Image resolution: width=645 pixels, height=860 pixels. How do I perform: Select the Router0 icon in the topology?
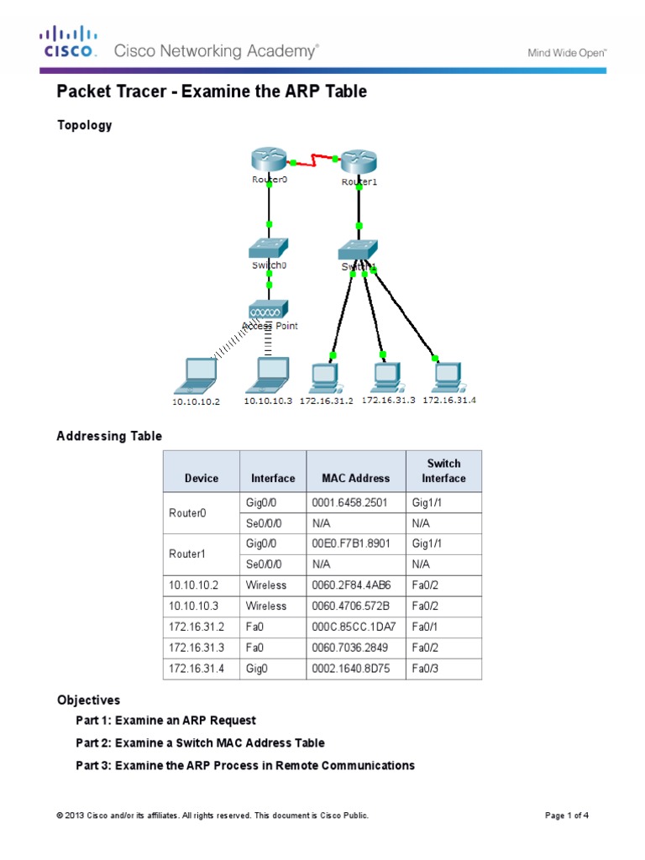coord(268,160)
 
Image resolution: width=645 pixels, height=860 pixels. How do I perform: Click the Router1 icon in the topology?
coord(359,163)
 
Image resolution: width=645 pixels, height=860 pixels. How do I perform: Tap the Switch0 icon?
coord(269,249)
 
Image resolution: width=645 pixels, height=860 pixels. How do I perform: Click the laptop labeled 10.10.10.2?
coord(195,375)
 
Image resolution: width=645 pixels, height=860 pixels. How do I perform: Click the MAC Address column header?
coord(355,478)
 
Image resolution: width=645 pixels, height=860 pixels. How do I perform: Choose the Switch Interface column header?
coord(443,471)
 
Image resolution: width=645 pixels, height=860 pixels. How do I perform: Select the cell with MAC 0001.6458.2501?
coord(356,503)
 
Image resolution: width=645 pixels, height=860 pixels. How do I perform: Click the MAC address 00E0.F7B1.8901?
coord(356,544)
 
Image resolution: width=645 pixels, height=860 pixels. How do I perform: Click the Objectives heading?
coord(88,700)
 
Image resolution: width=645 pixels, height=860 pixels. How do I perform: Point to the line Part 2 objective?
coord(200,743)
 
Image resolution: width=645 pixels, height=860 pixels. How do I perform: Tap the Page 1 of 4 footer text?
coord(570,815)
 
